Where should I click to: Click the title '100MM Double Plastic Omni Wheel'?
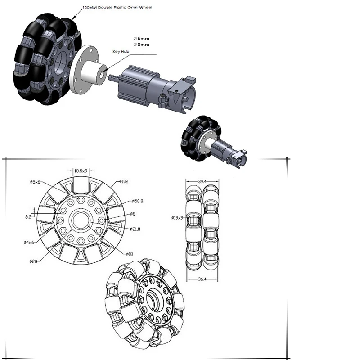(x=117, y=8)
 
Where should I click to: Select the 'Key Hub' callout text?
(x=121, y=52)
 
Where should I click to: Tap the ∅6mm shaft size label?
(x=141, y=39)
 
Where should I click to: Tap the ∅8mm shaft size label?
(x=141, y=45)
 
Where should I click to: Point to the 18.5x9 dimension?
(x=81, y=171)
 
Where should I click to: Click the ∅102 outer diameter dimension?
(x=124, y=181)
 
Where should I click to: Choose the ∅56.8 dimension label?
(x=138, y=201)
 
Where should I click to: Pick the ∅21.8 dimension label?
(x=135, y=229)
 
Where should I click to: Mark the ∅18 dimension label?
(x=130, y=254)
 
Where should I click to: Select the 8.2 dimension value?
(x=28, y=217)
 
